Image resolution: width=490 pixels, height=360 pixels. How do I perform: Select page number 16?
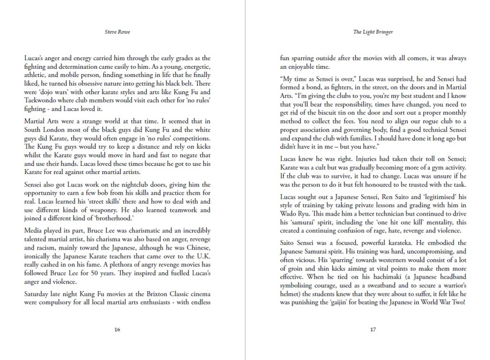(117, 329)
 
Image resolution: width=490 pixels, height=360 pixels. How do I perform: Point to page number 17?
(373, 329)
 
